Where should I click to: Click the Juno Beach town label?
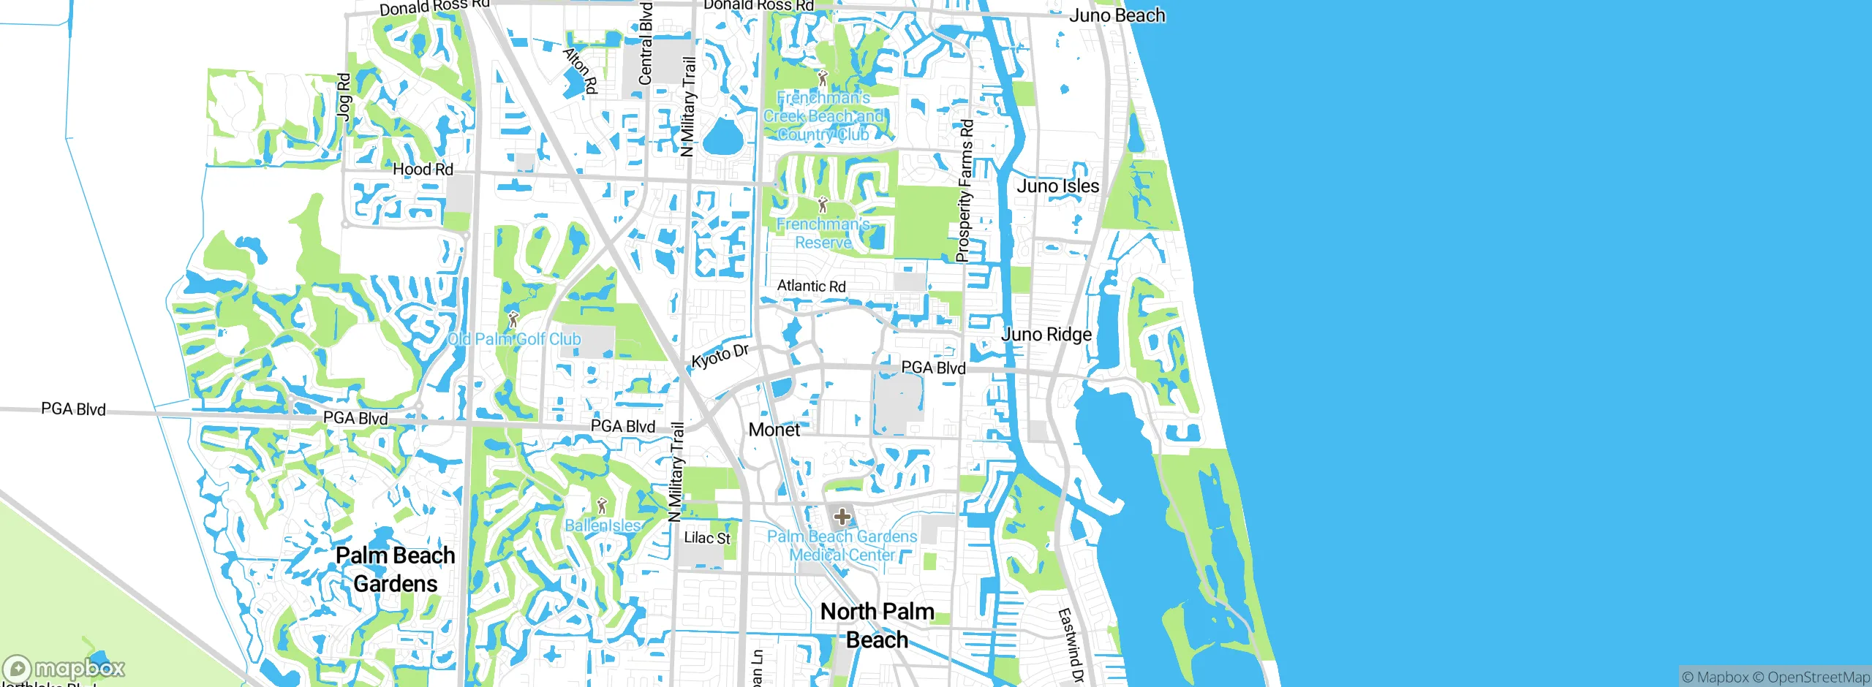1117,15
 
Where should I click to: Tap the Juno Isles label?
1057,186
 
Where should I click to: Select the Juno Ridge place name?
1046,335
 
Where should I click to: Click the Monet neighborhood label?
774,430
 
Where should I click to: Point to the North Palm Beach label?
877,626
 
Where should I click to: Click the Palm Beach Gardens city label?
395,569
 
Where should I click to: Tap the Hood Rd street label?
423,170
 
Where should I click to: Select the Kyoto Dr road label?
720,356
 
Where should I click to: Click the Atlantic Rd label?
811,286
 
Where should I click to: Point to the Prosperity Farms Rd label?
965,191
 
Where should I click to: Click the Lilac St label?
706,538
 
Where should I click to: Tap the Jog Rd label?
344,95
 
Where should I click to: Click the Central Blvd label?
645,44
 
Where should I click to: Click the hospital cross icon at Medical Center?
842,517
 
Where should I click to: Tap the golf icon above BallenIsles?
602,505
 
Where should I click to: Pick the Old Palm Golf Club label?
514,339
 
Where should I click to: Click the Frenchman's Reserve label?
823,234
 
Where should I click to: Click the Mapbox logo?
64,668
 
